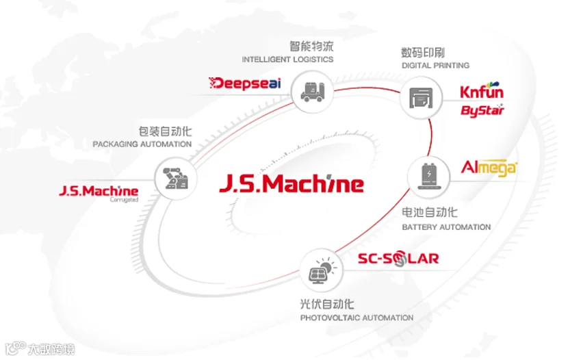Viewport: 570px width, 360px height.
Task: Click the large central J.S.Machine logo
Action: click(x=292, y=183)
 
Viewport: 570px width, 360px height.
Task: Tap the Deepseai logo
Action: click(x=245, y=83)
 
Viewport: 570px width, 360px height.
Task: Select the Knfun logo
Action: click(x=482, y=90)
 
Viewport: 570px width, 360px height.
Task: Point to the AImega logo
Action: click(x=489, y=168)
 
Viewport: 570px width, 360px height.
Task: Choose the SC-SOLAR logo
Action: click(x=398, y=259)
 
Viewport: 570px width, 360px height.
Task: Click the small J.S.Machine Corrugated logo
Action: click(x=99, y=193)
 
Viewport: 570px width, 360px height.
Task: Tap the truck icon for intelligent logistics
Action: click(x=312, y=92)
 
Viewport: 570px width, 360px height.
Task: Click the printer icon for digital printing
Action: click(x=421, y=97)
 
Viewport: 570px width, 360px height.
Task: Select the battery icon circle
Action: click(x=429, y=177)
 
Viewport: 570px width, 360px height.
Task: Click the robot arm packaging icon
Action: click(x=176, y=178)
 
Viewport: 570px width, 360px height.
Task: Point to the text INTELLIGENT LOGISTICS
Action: click(x=287, y=60)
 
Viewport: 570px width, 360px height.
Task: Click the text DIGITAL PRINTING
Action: click(x=435, y=66)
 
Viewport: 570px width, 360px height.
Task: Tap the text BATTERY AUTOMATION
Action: click(x=446, y=227)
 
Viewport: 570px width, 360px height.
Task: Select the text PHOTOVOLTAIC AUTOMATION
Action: click(x=357, y=318)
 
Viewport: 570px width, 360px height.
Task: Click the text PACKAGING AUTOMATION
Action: click(x=142, y=144)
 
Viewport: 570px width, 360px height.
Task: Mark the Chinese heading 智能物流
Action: click(x=311, y=46)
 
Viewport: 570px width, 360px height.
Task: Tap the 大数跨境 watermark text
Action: click(x=51, y=350)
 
